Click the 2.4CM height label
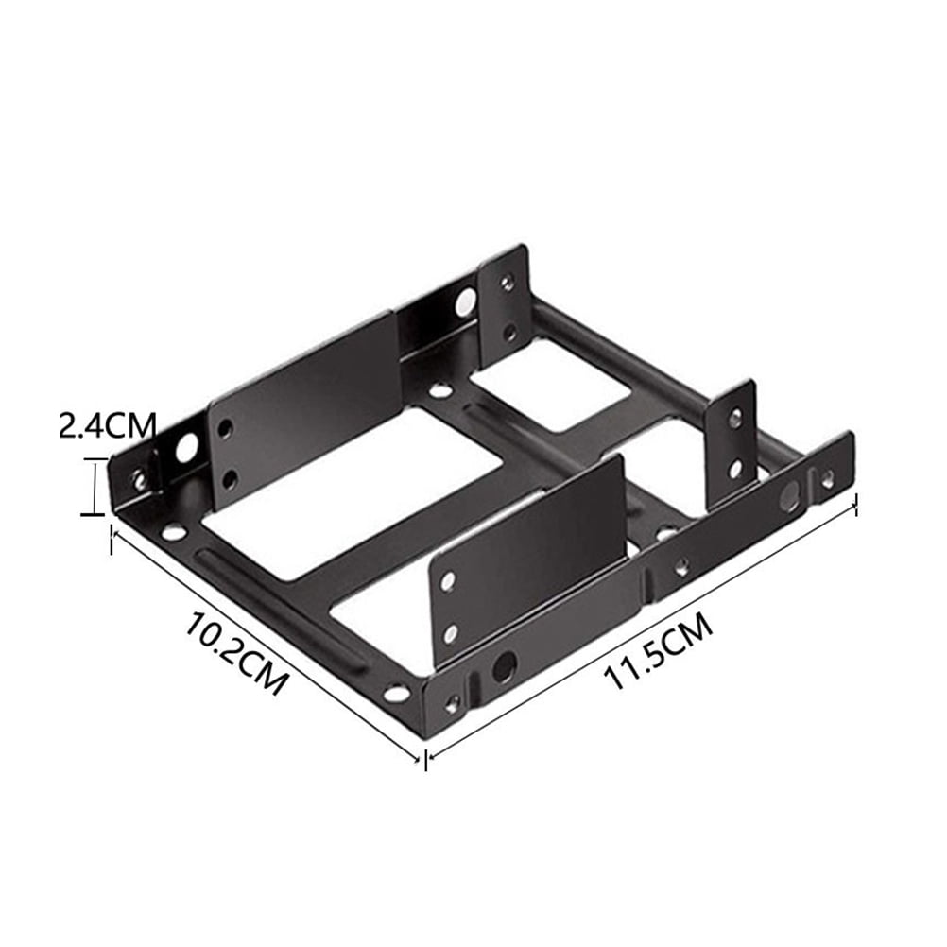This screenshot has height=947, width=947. coord(107,425)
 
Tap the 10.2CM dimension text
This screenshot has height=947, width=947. coord(233,653)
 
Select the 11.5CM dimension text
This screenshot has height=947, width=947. coord(658,650)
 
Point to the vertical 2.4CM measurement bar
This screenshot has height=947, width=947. coord(94,486)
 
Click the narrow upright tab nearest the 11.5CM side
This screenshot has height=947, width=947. coord(732,444)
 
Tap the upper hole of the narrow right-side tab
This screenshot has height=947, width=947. coord(735,417)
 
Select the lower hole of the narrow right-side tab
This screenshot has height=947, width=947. coord(734,469)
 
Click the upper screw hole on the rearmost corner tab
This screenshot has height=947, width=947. coord(508,281)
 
